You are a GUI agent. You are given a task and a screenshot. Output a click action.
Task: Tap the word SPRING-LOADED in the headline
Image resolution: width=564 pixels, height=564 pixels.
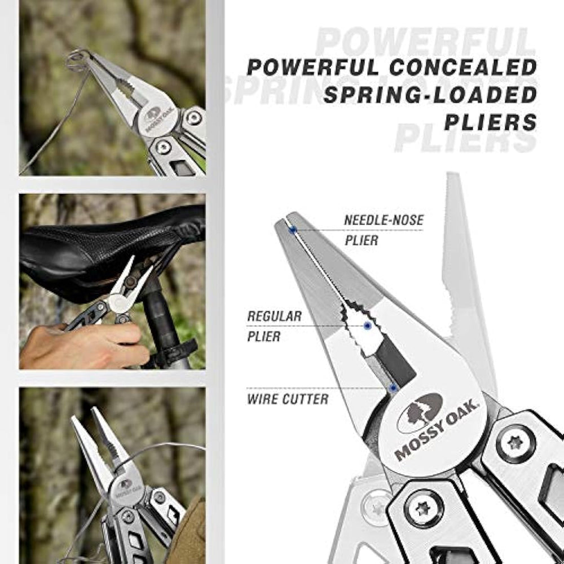pos(430,95)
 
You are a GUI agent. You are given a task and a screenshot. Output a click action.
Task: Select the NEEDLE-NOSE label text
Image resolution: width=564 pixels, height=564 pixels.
pos(384,220)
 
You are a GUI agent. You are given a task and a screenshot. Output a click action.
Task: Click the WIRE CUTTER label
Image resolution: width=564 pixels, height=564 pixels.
pos(288,399)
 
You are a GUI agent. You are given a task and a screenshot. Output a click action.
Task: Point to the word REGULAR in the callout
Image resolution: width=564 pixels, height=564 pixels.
pos(275,316)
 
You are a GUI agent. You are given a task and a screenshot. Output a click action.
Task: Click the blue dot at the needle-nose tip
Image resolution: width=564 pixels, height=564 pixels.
pos(293,229)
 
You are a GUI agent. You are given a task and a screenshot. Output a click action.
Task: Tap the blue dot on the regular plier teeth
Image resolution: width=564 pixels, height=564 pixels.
pos(367,326)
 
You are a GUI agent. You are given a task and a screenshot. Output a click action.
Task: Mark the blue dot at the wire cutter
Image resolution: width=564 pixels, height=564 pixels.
pos(393,388)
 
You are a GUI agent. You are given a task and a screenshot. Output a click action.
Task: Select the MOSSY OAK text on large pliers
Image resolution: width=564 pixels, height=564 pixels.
pos(437,430)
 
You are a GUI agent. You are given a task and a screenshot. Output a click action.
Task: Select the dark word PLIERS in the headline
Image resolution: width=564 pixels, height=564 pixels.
pos(491,122)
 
